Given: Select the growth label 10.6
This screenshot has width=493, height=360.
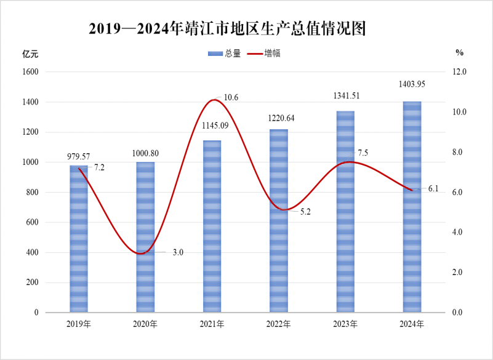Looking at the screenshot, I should [231, 98].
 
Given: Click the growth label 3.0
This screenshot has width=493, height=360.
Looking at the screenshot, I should [178, 252].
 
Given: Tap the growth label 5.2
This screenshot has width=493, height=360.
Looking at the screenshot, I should [305, 212].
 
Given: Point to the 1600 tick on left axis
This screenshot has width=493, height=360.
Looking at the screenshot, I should [31, 72].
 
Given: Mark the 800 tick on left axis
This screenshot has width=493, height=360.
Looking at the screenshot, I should [33, 193].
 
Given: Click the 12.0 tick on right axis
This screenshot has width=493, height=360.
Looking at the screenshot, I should [460, 72].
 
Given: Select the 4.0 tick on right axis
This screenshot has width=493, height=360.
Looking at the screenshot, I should [460, 233].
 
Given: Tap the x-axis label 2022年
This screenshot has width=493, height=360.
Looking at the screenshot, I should [278, 324].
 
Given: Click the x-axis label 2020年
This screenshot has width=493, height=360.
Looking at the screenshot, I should [145, 324].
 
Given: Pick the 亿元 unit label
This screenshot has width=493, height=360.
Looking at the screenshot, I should [30, 54].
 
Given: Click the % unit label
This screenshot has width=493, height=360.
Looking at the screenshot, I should [459, 53].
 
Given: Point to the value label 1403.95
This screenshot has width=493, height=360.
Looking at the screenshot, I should [412, 84].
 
